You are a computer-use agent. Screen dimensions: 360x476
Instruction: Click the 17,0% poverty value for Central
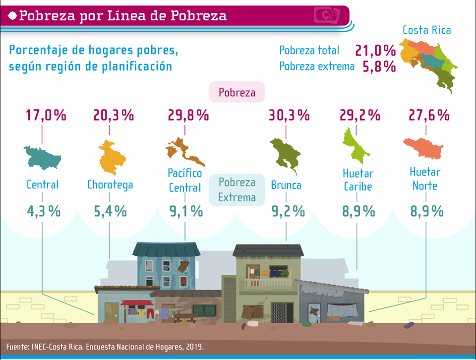tap(46, 116)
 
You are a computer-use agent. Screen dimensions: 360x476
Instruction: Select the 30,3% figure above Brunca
tap(289, 116)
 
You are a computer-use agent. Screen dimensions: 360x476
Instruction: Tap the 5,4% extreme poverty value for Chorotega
tap(110, 211)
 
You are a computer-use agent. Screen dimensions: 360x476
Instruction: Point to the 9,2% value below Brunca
tap(288, 211)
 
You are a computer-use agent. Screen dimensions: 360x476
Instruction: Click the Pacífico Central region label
tap(185, 180)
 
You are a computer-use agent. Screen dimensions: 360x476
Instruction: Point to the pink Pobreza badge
tap(237, 93)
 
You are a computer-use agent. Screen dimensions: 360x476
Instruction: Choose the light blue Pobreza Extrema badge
tap(237, 190)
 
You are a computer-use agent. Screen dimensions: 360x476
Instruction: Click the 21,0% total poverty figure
tap(375, 50)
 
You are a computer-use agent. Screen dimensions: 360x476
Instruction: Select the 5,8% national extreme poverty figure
tap(379, 66)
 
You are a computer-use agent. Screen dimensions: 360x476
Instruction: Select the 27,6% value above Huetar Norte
tap(429, 116)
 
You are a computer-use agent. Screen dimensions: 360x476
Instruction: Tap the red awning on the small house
tap(137, 302)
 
